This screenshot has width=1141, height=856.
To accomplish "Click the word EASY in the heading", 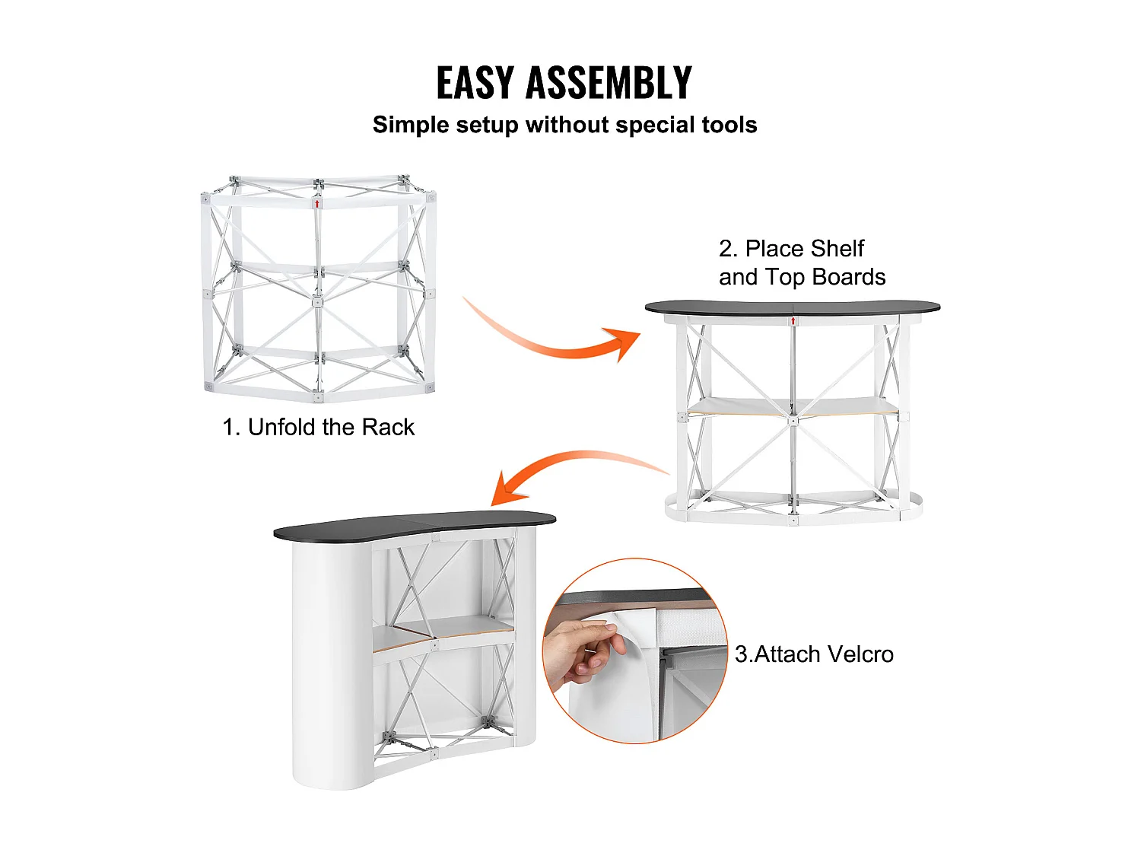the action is click(475, 83).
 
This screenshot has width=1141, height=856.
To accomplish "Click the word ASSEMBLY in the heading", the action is click(609, 83).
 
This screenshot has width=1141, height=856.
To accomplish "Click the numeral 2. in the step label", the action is click(728, 249).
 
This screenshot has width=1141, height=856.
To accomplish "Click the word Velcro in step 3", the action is click(860, 654).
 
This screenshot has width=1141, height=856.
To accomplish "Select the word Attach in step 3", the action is click(787, 654).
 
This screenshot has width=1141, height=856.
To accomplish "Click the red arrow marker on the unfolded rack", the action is click(317, 204).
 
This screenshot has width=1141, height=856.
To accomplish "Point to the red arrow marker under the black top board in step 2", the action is click(793, 320).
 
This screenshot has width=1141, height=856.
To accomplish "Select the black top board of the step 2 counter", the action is click(792, 307).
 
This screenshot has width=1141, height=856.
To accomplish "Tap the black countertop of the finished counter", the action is click(415, 524).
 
